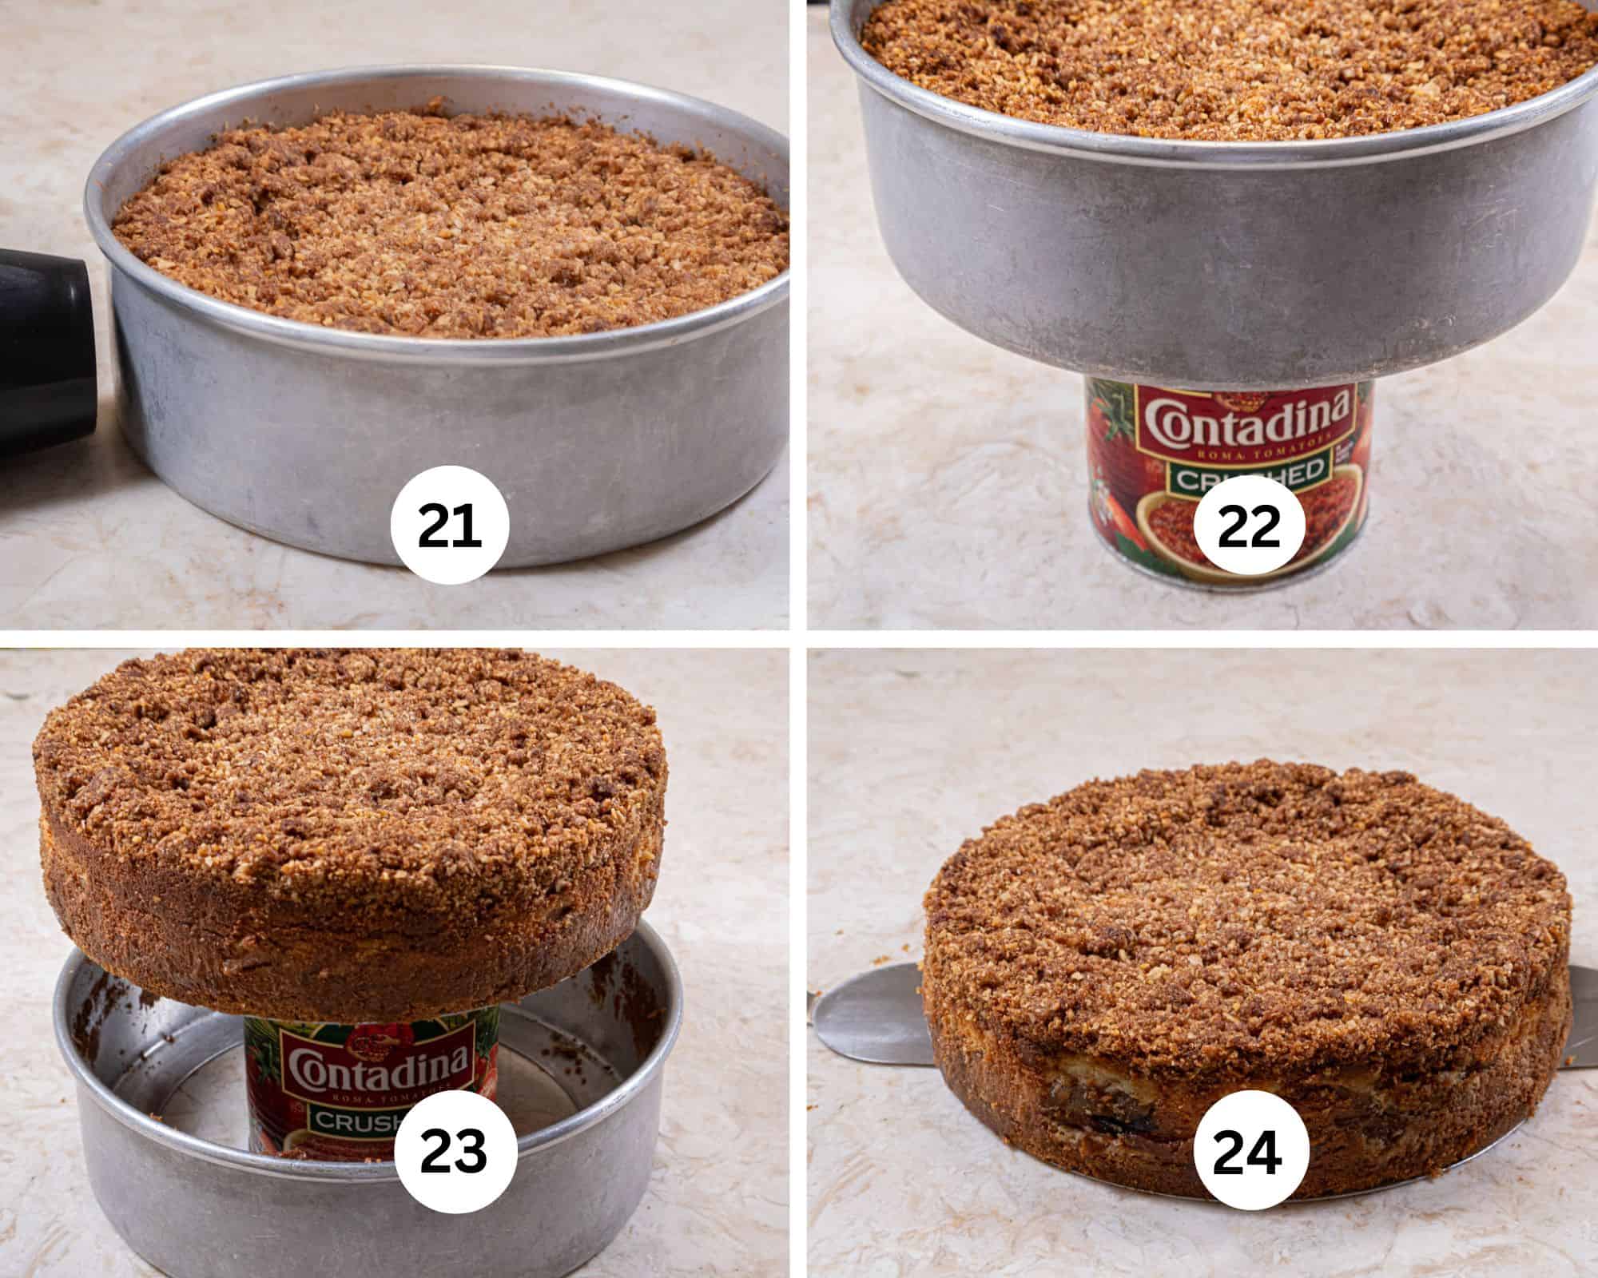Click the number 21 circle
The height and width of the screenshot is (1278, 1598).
pyautogui.click(x=450, y=527)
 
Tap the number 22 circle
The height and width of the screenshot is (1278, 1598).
pyautogui.click(x=1249, y=527)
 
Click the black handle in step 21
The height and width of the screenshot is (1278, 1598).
pyautogui.click(x=48, y=319)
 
